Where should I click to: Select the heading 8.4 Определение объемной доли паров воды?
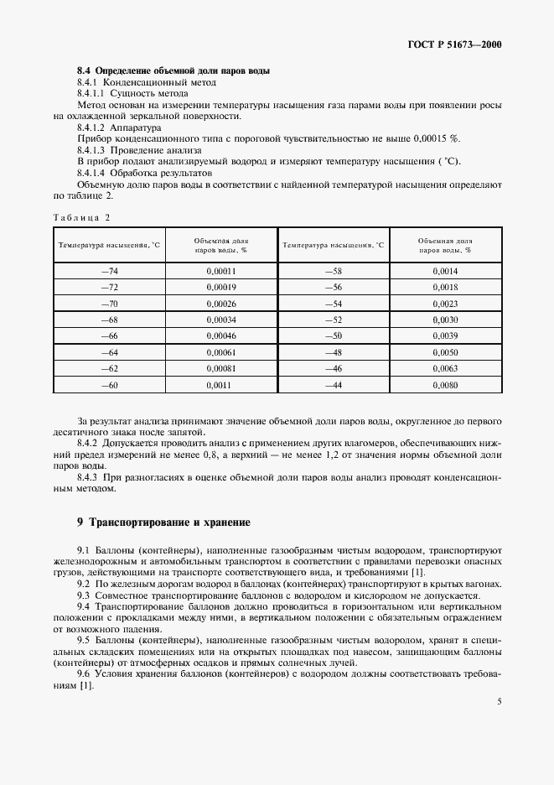pos(173,70)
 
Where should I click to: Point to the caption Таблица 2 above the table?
pos(81,218)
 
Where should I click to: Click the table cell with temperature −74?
pos(109,271)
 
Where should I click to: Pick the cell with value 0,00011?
pos(220,271)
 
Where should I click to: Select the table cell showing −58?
pos(333,271)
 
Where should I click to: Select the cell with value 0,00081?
pos(220,369)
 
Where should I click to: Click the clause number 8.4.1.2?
pos(94,126)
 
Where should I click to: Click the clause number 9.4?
pos(84,606)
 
